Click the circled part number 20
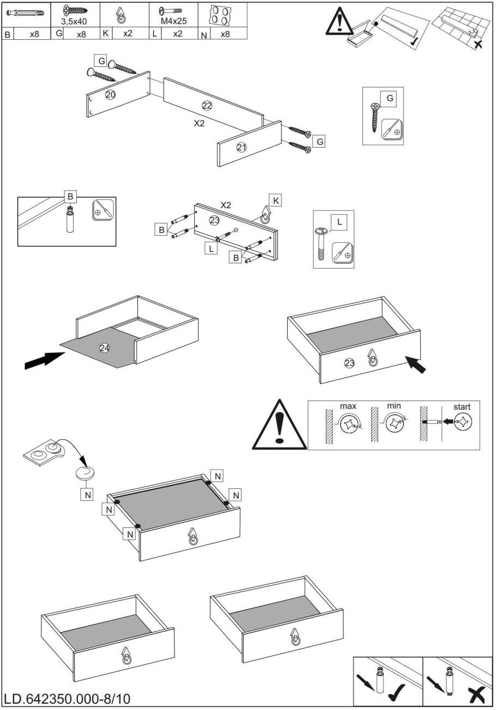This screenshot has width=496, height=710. [x=110, y=95]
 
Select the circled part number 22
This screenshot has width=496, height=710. [x=207, y=105]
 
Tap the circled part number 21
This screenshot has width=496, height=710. [x=242, y=146]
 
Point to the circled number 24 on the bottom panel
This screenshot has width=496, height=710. [x=105, y=348]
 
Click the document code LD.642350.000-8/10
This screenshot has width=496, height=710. [x=67, y=699]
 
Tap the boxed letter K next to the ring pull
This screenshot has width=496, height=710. [x=276, y=201]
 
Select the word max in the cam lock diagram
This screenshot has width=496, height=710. [x=348, y=406]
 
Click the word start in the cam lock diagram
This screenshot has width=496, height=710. [x=462, y=406]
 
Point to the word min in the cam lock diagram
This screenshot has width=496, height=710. [x=394, y=406]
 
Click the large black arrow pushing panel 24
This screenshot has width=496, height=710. [x=45, y=361]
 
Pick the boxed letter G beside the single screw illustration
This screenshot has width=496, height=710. [x=390, y=98]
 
